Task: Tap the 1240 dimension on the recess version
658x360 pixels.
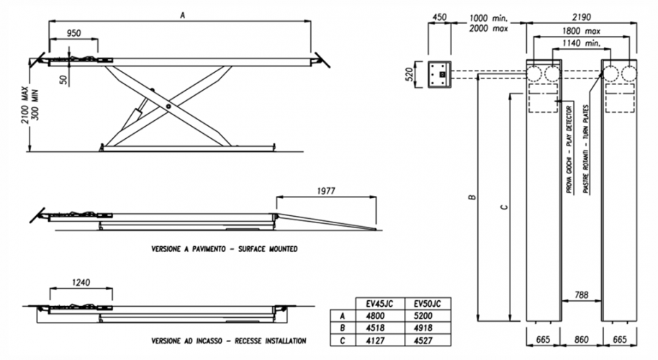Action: click(x=81, y=283)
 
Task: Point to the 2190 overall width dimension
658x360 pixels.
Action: click(x=583, y=17)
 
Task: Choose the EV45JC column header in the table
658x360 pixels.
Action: click(x=380, y=303)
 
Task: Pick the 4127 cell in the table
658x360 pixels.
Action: click(x=380, y=338)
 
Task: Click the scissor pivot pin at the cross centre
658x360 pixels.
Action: click(x=168, y=107)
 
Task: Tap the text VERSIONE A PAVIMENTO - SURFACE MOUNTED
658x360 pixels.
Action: click(x=224, y=248)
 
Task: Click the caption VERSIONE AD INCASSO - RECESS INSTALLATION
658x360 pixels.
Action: click(x=228, y=341)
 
